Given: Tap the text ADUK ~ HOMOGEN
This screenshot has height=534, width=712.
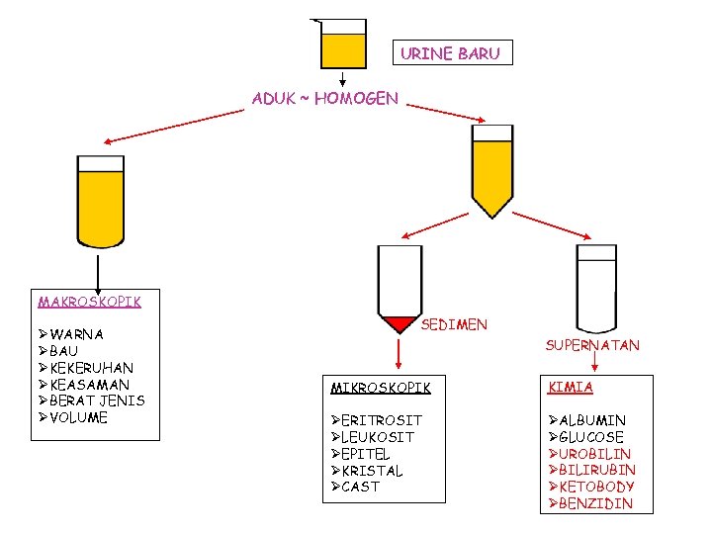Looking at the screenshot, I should [325, 98].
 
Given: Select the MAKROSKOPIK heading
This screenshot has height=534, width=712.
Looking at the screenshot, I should [89, 302].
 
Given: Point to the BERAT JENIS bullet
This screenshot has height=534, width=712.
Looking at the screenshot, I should [97, 400].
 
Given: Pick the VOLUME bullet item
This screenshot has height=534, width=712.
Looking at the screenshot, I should [78, 417].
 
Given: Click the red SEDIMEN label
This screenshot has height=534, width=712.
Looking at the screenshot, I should [454, 324].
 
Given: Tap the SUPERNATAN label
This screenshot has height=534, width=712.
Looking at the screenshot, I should [592, 345].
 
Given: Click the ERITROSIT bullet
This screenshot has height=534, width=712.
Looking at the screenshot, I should [381, 420].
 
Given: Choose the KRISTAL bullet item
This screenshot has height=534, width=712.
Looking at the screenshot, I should [372, 471].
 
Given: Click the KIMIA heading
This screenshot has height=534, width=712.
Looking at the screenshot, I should [571, 388].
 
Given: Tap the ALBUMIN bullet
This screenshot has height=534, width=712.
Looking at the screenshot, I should [592, 420].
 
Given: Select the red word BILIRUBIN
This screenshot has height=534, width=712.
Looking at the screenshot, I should [597, 470].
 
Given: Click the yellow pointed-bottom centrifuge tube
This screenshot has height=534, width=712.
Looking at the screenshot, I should [491, 168].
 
